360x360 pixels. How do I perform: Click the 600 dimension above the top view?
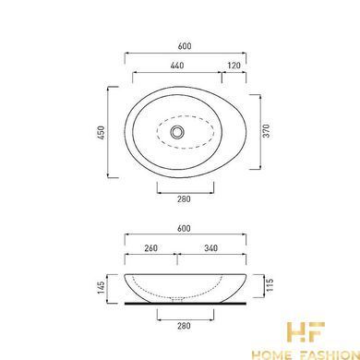click(x=185, y=46)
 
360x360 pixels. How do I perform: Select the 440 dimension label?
click(x=177, y=66)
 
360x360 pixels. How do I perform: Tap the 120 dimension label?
click(x=234, y=66)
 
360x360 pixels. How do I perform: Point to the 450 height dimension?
click(x=102, y=132)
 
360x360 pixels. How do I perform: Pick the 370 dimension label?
click(x=267, y=131)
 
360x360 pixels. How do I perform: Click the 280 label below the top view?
click(x=184, y=199)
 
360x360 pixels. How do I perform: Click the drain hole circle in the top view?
click(x=176, y=132)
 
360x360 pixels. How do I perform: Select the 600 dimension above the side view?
click(x=184, y=229)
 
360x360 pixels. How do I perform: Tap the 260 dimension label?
click(x=150, y=248)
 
